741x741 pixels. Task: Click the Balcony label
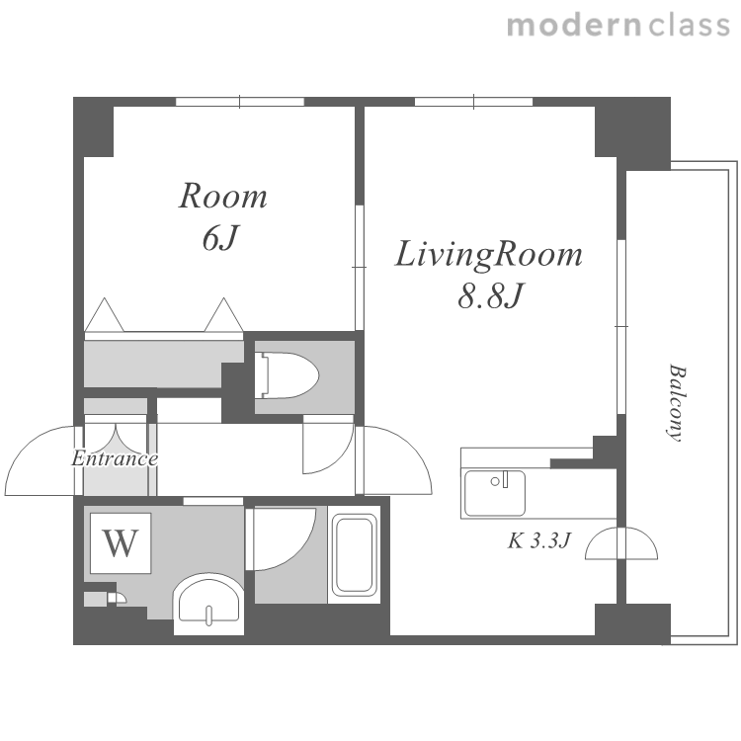coord(676,403)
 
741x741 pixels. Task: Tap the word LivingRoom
coord(488,256)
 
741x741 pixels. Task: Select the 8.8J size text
coord(491,295)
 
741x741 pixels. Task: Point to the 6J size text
coord(219,238)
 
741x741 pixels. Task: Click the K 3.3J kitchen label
coord(539,540)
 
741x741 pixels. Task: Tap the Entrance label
coord(115,458)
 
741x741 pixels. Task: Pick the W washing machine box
coord(121,543)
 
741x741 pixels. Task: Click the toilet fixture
coord(287,375)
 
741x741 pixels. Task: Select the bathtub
coord(355,554)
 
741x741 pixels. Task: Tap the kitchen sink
coord(494,493)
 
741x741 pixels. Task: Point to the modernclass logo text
coord(618,25)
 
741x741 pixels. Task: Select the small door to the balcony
coord(621,543)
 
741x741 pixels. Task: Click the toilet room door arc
coord(339,457)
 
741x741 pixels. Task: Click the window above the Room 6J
coord(240,102)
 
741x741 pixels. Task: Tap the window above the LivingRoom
coord(473,102)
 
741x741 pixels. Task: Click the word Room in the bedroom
coord(222,197)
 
